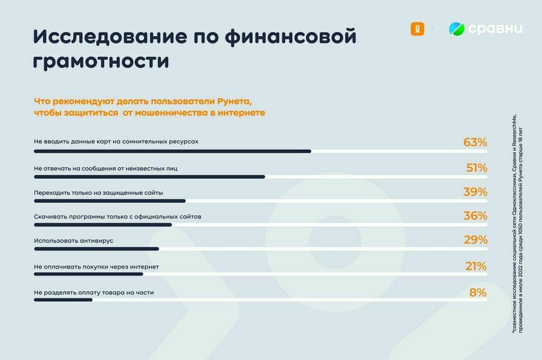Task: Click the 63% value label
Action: click(475, 142)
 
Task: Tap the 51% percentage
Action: click(476, 167)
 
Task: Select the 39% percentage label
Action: click(475, 192)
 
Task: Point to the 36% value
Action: click(475, 216)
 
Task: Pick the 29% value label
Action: click(475, 241)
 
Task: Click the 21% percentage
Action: click(475, 266)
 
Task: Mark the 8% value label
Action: click(478, 292)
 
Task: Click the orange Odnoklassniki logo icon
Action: click(416, 29)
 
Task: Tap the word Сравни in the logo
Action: click(495, 29)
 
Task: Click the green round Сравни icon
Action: click(457, 29)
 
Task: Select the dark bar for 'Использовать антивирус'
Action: click(96, 249)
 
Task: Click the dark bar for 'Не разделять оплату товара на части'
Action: click(63, 300)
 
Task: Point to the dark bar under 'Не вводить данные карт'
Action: click(172, 151)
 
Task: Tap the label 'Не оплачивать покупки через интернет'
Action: click(96, 266)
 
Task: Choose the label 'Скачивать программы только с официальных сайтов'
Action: click(117, 216)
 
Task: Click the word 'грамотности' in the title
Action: click(101, 61)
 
